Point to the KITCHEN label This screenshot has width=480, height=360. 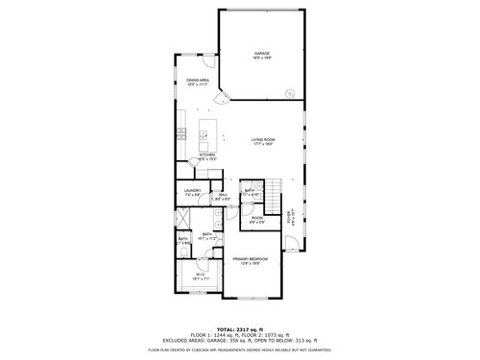pyautogui.click(x=206, y=155)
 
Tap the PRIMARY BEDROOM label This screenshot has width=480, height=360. pyautogui.click(x=249, y=259)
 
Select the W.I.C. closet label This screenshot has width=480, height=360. pyautogui.click(x=201, y=276)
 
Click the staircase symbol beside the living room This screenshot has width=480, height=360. pyautogui.click(x=276, y=188)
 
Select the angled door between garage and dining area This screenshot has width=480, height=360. pyautogui.click(x=223, y=97)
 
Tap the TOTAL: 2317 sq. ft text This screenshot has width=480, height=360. pyautogui.click(x=240, y=328)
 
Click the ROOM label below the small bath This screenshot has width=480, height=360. pyautogui.click(x=256, y=218)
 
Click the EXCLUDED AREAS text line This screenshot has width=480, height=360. pyautogui.click(x=240, y=340)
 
